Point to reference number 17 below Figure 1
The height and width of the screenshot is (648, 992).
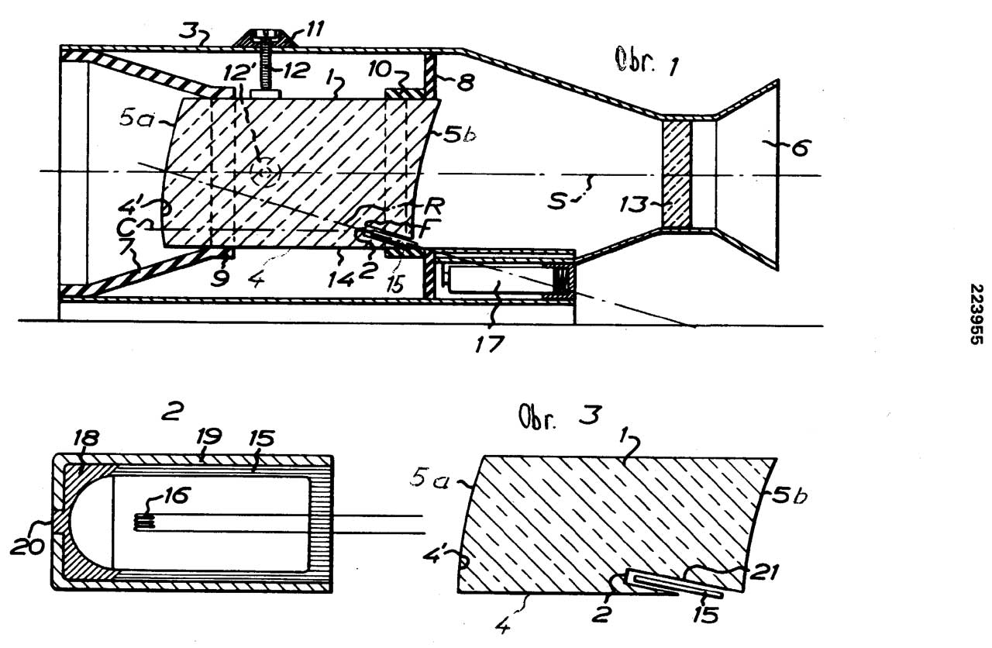[x=489, y=340]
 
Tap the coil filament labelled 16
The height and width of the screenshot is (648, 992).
[x=146, y=523]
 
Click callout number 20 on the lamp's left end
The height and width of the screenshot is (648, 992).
[x=28, y=546]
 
